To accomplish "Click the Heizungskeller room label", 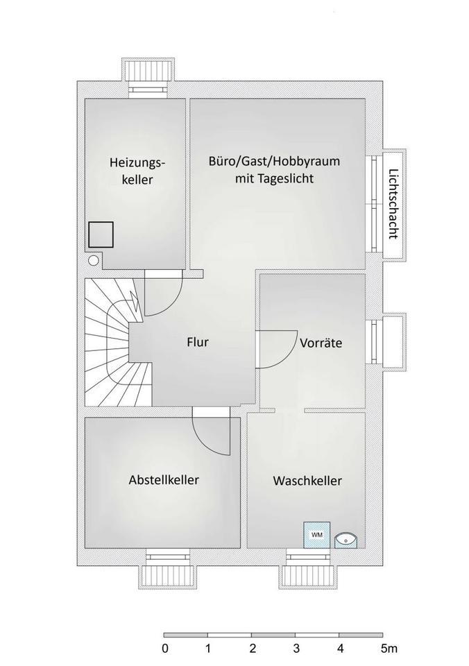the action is coord(137,171).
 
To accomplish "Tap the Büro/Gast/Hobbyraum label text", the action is coord(275,162).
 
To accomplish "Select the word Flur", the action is coord(198,342).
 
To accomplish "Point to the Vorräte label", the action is coord(321,342).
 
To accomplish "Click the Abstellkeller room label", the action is coord(164,480).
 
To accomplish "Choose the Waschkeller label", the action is coord(307,481).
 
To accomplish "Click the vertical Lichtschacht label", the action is coord(393,204).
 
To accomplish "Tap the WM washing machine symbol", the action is coord(316,535).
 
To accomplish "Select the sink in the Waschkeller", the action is coord(346,540).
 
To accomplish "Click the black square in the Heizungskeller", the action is coord(101,234).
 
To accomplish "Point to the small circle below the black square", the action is coord(94,260).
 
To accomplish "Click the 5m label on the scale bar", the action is coord(389,649).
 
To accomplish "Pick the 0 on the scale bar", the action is coord(165,649).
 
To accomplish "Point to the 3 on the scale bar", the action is coord(296,649).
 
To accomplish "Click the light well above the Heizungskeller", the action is coord(148,69).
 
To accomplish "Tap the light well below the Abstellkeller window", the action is coord(168,578).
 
